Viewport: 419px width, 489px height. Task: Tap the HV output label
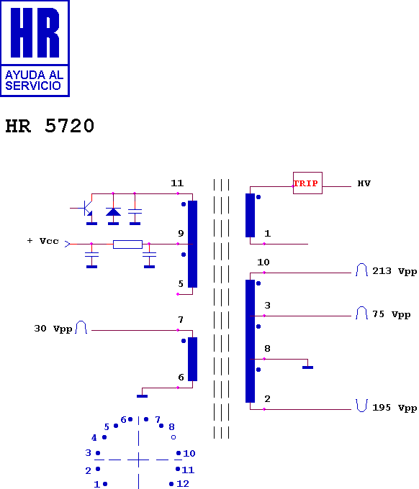tap(364, 183)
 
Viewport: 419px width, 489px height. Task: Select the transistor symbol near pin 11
tap(87, 209)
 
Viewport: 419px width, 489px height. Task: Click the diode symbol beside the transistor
tap(113, 212)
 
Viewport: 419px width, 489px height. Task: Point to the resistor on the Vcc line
tap(127, 244)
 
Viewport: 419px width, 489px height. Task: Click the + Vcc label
tap(43, 241)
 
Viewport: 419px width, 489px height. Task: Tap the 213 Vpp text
tap(395, 271)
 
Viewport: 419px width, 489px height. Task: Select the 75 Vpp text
tap(391, 314)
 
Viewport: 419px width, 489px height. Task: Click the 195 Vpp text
tap(395, 408)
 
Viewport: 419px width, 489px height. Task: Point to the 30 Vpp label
tap(53, 329)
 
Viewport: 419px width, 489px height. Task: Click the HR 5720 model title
tap(50, 126)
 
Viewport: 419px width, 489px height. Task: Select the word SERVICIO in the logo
tap(33, 86)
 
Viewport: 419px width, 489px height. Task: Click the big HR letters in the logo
tap(35, 32)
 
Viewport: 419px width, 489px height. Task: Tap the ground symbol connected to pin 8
tap(307, 367)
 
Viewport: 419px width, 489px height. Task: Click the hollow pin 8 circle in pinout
tap(174, 437)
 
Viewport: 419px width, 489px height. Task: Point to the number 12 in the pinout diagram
tap(183, 484)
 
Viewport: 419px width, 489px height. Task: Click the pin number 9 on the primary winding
tap(181, 233)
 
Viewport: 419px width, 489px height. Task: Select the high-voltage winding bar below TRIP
tap(250, 215)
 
